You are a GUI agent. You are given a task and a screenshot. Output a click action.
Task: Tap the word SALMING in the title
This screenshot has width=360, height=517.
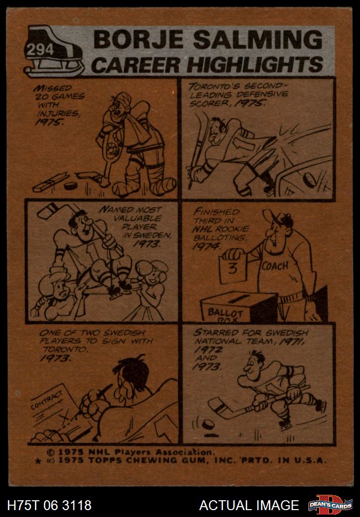pyautogui.click(x=258, y=40)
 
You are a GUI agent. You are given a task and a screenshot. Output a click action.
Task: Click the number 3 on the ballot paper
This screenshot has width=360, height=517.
pyautogui.click(x=233, y=269)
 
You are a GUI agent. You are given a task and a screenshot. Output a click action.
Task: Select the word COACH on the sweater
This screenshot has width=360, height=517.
pyautogui.click(x=275, y=266)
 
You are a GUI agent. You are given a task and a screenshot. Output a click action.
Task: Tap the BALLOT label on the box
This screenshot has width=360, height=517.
pyautogui.click(x=226, y=313)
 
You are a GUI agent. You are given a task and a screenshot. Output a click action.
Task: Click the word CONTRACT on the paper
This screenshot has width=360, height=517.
pyautogui.click(x=47, y=400)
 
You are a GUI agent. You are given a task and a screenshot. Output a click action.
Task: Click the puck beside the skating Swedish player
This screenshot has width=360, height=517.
pyautogui.click(x=208, y=424)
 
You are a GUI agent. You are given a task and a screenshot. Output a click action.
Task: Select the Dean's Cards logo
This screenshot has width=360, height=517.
pyautogui.click(x=330, y=505)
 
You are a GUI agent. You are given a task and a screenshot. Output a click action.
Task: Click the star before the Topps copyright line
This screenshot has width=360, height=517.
pyautogui.click(x=38, y=461)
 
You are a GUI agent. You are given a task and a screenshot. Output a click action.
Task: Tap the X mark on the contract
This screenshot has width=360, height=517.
pyautogui.click(x=65, y=419)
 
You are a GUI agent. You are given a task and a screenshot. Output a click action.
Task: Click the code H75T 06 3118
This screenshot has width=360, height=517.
pyautogui.click(x=49, y=505)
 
